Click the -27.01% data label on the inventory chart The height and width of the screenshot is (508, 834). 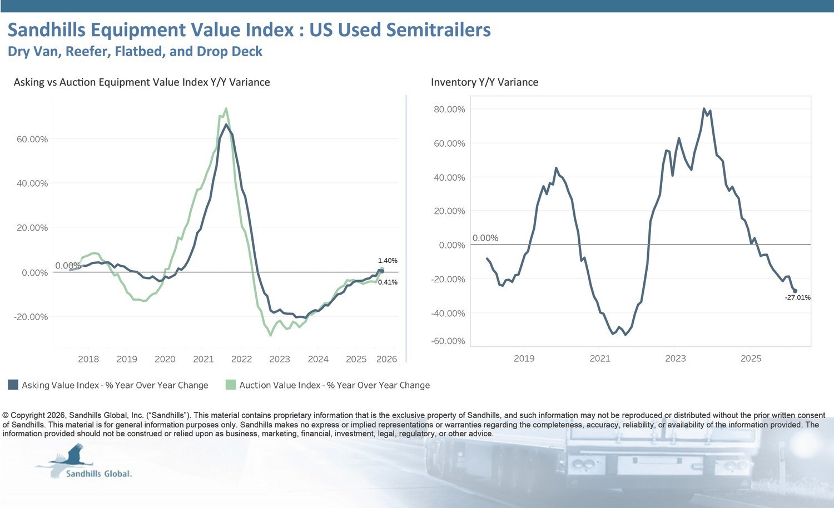[797, 298]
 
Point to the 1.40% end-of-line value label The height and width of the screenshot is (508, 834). [388, 261]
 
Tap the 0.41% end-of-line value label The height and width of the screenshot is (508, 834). [388, 282]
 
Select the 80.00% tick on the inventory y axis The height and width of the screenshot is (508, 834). [449, 109]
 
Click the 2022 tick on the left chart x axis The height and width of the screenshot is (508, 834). [241, 359]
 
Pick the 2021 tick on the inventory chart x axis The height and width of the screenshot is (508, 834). [600, 358]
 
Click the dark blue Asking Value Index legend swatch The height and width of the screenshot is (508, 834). [13, 385]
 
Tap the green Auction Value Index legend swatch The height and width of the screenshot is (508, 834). [231, 385]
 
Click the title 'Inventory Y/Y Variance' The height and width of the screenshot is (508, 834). [484, 82]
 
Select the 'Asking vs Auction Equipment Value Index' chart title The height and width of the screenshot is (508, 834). [142, 82]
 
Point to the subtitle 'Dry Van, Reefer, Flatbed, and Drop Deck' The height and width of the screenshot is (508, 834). [135, 52]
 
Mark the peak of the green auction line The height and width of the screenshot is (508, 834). [226, 108]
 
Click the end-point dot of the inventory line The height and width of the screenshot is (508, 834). [795, 291]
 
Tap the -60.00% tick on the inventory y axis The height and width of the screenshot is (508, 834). [448, 341]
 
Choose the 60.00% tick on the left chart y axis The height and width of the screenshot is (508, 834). [32, 140]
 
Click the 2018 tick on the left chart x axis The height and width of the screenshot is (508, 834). [88, 359]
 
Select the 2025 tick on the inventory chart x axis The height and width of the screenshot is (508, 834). [751, 358]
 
